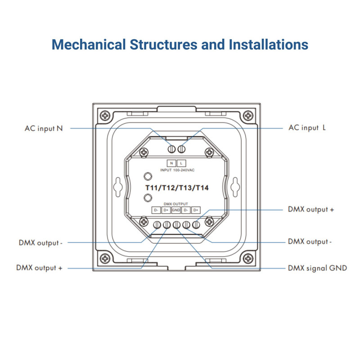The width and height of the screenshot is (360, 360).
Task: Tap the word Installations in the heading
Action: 269,45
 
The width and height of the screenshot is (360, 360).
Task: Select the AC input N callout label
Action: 44,128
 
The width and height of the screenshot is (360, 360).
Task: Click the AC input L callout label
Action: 307,128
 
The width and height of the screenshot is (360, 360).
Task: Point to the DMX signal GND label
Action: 317,268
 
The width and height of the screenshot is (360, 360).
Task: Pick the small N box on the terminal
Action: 171,163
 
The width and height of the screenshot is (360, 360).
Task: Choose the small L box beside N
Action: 181,163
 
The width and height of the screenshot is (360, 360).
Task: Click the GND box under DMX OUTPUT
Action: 176,210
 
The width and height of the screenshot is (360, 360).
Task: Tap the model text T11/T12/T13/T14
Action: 176,188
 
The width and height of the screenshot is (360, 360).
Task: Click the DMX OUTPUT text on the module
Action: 176,204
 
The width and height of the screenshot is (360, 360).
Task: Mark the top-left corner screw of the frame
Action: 105,115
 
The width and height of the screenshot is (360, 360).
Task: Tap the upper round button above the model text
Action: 147,176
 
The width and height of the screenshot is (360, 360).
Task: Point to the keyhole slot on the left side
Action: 118,186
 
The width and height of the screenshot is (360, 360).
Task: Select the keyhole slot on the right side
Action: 234,186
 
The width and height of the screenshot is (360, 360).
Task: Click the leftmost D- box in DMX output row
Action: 156,210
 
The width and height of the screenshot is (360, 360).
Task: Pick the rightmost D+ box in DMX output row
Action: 196,210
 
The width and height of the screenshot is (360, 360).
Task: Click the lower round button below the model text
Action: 147,198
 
